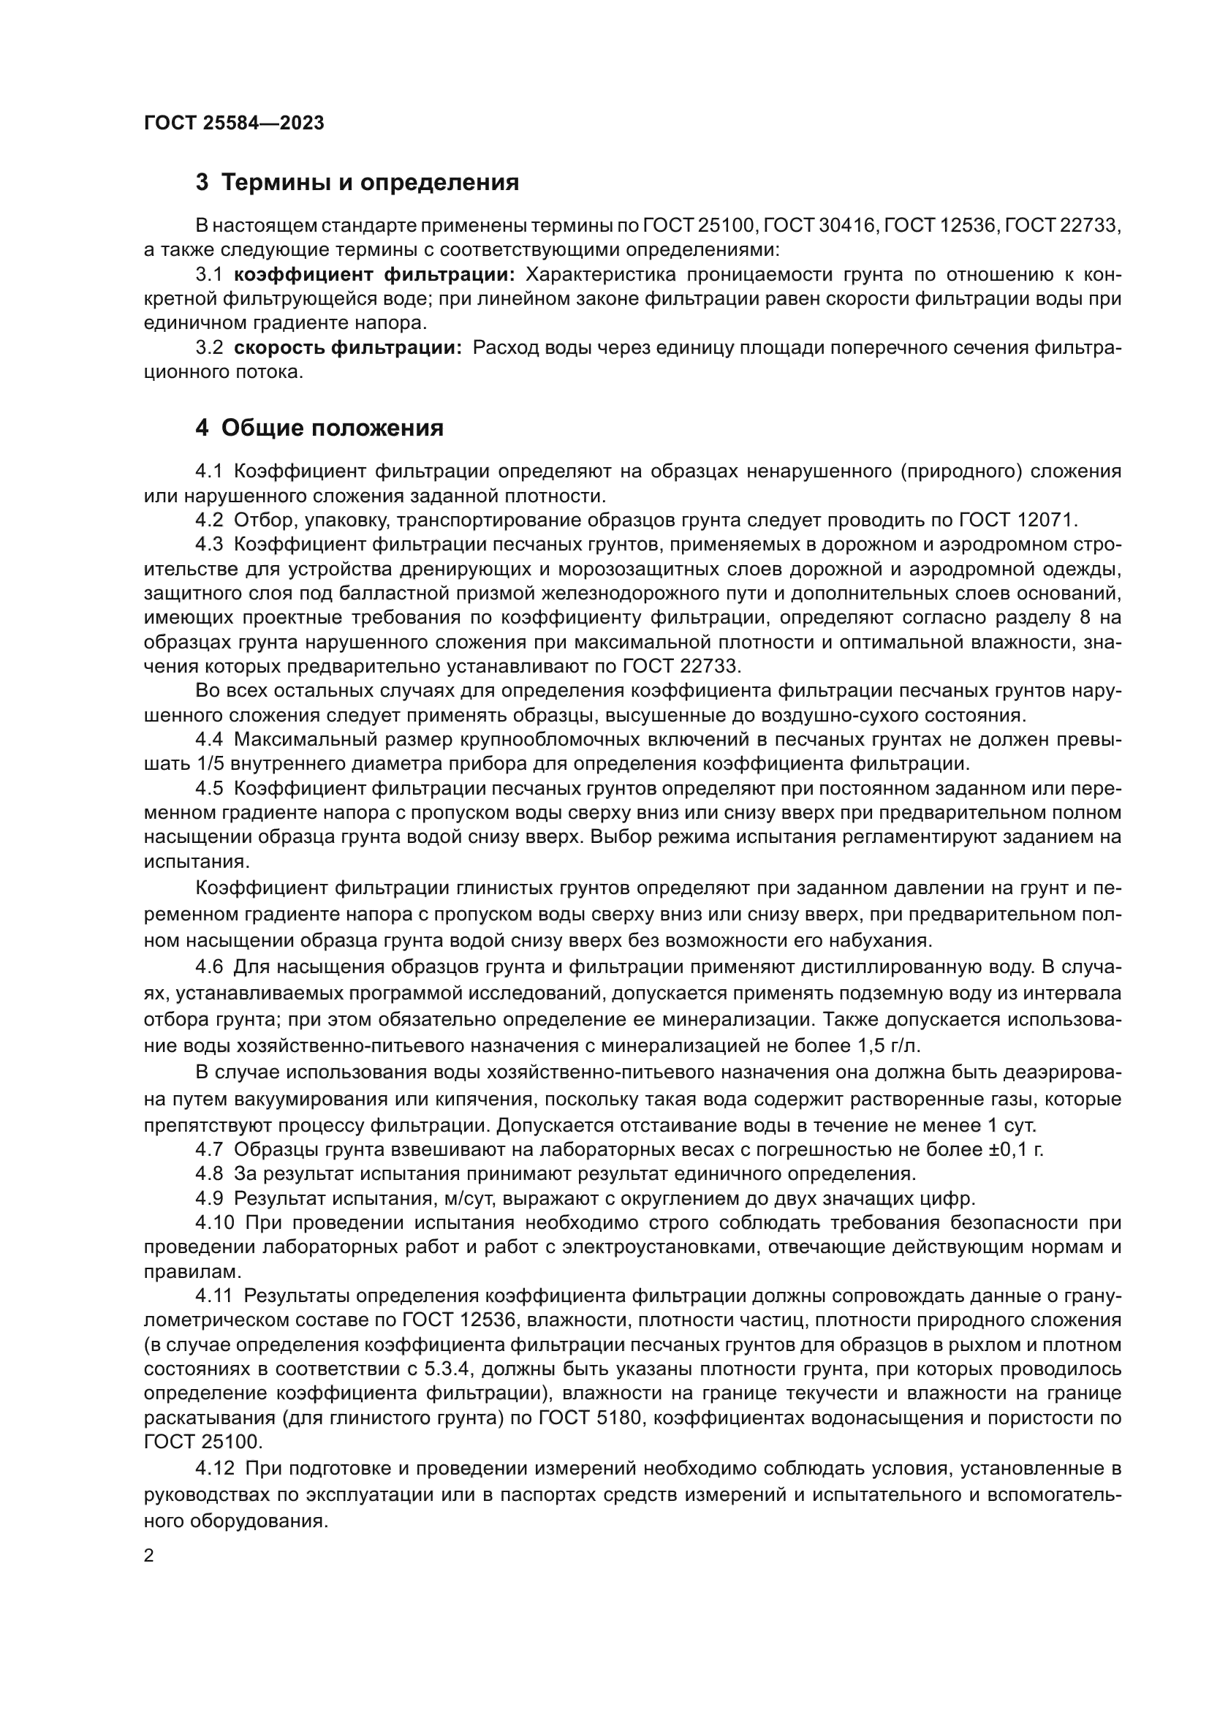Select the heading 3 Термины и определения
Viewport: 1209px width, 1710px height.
click(x=357, y=183)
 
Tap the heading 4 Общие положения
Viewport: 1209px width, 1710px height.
click(x=319, y=428)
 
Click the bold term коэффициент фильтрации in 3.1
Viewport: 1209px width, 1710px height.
click(x=374, y=275)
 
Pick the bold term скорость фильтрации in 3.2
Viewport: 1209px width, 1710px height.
click(x=348, y=348)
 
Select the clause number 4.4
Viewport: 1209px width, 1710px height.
click(x=209, y=740)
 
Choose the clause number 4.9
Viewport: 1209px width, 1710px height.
click(x=209, y=1199)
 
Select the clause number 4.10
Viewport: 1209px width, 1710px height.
click(x=215, y=1224)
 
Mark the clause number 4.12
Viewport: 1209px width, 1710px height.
click(x=215, y=1469)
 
